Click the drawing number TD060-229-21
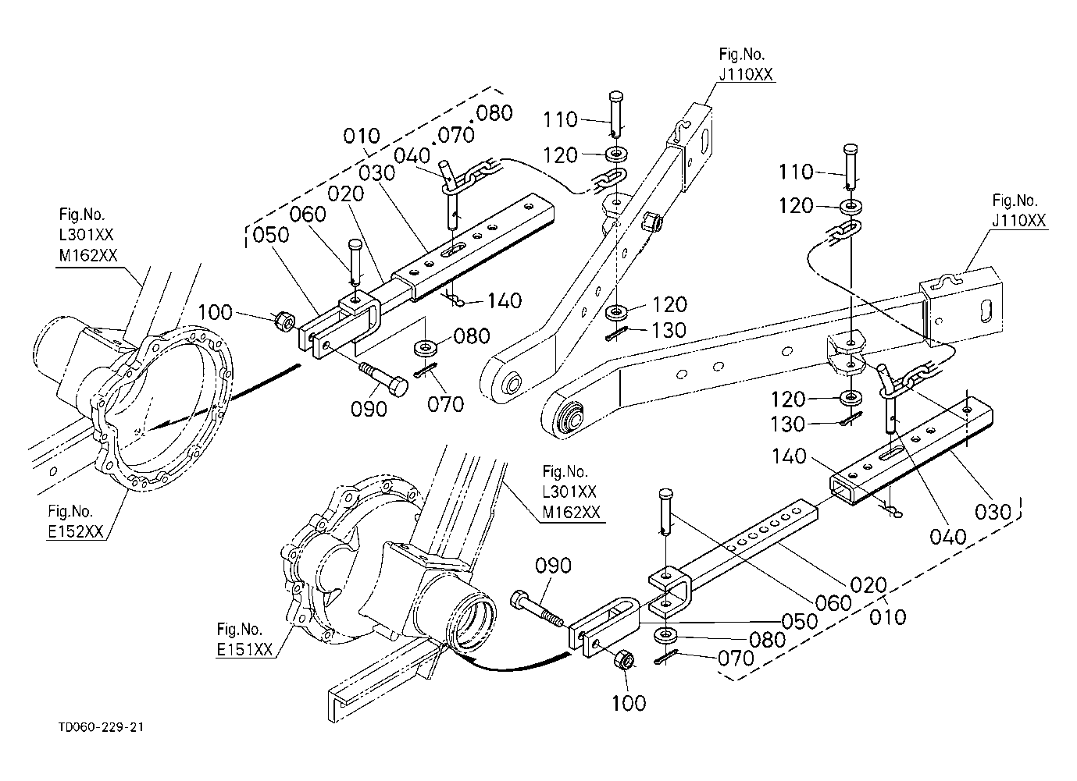pyautogui.click(x=101, y=726)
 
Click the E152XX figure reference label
pyautogui.click(x=76, y=531)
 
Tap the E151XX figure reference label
pyautogui.click(x=244, y=649)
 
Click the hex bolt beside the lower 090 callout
pyautogui.click(x=537, y=610)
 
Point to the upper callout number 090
pyautogui.click(x=369, y=410)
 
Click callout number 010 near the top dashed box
pyautogui.click(x=362, y=136)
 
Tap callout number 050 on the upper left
pyautogui.click(x=271, y=235)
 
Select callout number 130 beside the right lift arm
pyautogui.click(x=787, y=424)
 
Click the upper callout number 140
pyautogui.click(x=505, y=301)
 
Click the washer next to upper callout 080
pyautogui.click(x=425, y=348)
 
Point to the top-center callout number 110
pyautogui.click(x=560, y=119)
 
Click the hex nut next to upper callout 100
pyautogui.click(x=284, y=321)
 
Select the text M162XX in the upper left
pyautogui.click(x=88, y=255)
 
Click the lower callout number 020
pyautogui.click(x=868, y=585)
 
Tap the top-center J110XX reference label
pyautogui.click(x=746, y=74)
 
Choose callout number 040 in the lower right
pyautogui.click(x=948, y=537)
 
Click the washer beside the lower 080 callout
pyautogui.click(x=665, y=634)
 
